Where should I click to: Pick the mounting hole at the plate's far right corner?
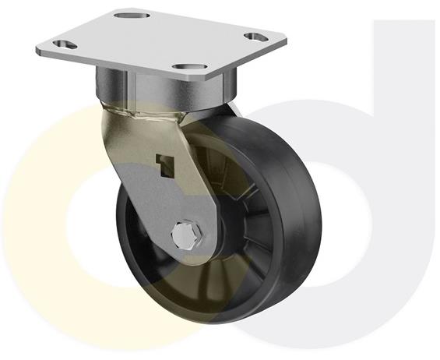(254, 36)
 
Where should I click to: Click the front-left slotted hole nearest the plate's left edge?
(65, 44)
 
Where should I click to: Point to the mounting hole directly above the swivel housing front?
(185, 69)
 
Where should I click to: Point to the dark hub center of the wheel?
(214, 226)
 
